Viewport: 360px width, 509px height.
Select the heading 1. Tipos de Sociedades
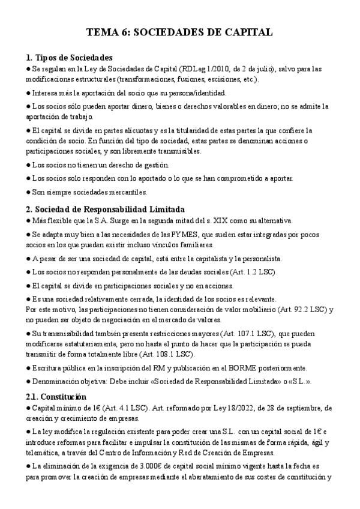pos(69,58)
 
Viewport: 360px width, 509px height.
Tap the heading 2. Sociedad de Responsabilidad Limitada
pos(105,209)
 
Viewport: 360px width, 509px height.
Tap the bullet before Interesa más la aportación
pos(29,93)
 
